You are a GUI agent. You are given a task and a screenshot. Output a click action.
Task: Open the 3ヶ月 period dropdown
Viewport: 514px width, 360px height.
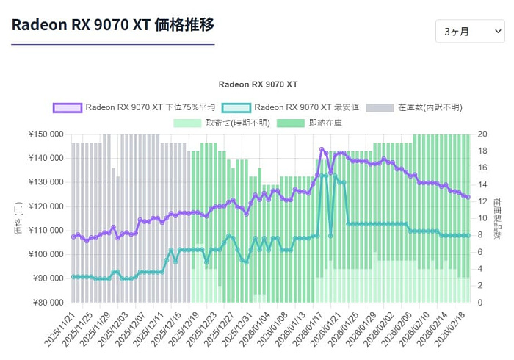pyautogui.click(x=470, y=32)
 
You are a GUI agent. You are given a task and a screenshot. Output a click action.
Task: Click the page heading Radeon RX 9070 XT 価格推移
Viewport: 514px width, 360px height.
pyautogui.click(x=113, y=24)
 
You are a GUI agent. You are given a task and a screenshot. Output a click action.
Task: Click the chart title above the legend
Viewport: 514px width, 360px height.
pyautogui.click(x=257, y=84)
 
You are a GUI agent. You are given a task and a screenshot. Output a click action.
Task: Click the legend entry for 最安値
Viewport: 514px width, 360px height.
pyautogui.click(x=291, y=107)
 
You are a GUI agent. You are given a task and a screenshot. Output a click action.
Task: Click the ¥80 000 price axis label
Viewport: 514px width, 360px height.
pyautogui.click(x=48, y=303)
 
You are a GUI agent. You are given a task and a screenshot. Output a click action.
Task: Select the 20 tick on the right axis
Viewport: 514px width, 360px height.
pyautogui.click(x=482, y=134)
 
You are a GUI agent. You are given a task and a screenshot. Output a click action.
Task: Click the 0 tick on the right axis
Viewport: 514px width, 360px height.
pyautogui.click(x=480, y=303)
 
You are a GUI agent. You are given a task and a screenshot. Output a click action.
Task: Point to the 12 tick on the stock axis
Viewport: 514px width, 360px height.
pyautogui.click(x=482, y=201)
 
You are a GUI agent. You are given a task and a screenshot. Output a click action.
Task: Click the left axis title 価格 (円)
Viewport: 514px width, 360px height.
pyautogui.click(x=18, y=219)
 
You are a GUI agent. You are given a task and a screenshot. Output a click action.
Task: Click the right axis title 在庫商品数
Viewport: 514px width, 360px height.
pyautogui.click(x=497, y=219)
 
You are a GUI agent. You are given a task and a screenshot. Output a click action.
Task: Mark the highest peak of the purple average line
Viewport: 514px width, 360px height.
pyautogui.click(x=322, y=150)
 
